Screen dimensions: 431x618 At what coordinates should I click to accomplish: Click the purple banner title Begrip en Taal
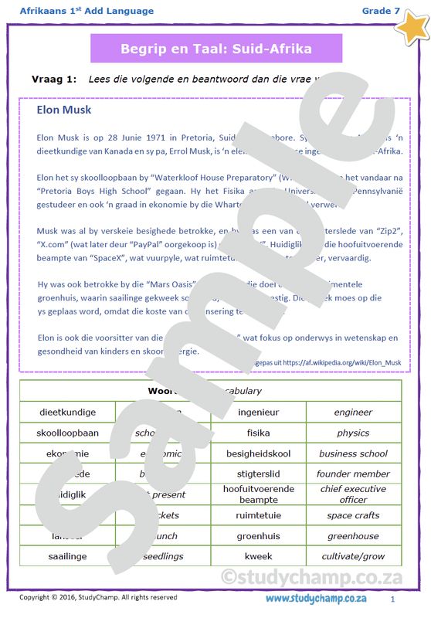coord(216,49)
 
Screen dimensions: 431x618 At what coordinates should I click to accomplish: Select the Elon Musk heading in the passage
coord(63,110)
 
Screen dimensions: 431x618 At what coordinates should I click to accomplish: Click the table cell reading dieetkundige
coord(68,413)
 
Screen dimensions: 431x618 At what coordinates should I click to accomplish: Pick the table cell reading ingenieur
coord(258,413)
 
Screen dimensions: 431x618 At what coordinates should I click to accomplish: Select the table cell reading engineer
coord(353,413)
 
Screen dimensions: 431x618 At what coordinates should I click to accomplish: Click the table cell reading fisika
coord(258,433)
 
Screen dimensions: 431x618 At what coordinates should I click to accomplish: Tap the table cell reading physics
coord(353,433)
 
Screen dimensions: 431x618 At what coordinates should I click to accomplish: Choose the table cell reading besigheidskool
coord(258,453)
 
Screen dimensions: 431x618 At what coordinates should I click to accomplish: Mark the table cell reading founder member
coord(353,474)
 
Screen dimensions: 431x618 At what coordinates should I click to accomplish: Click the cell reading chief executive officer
coord(353,494)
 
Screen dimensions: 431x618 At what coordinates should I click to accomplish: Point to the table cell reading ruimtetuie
coord(258,515)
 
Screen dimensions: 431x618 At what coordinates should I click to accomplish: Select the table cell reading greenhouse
coord(353,535)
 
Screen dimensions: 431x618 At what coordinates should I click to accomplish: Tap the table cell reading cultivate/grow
coord(353,556)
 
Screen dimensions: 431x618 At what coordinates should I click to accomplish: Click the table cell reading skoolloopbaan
coord(68,433)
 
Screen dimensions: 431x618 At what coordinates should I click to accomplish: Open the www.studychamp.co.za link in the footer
coord(316,599)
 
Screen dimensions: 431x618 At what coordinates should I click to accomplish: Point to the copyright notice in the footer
coord(98,597)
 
